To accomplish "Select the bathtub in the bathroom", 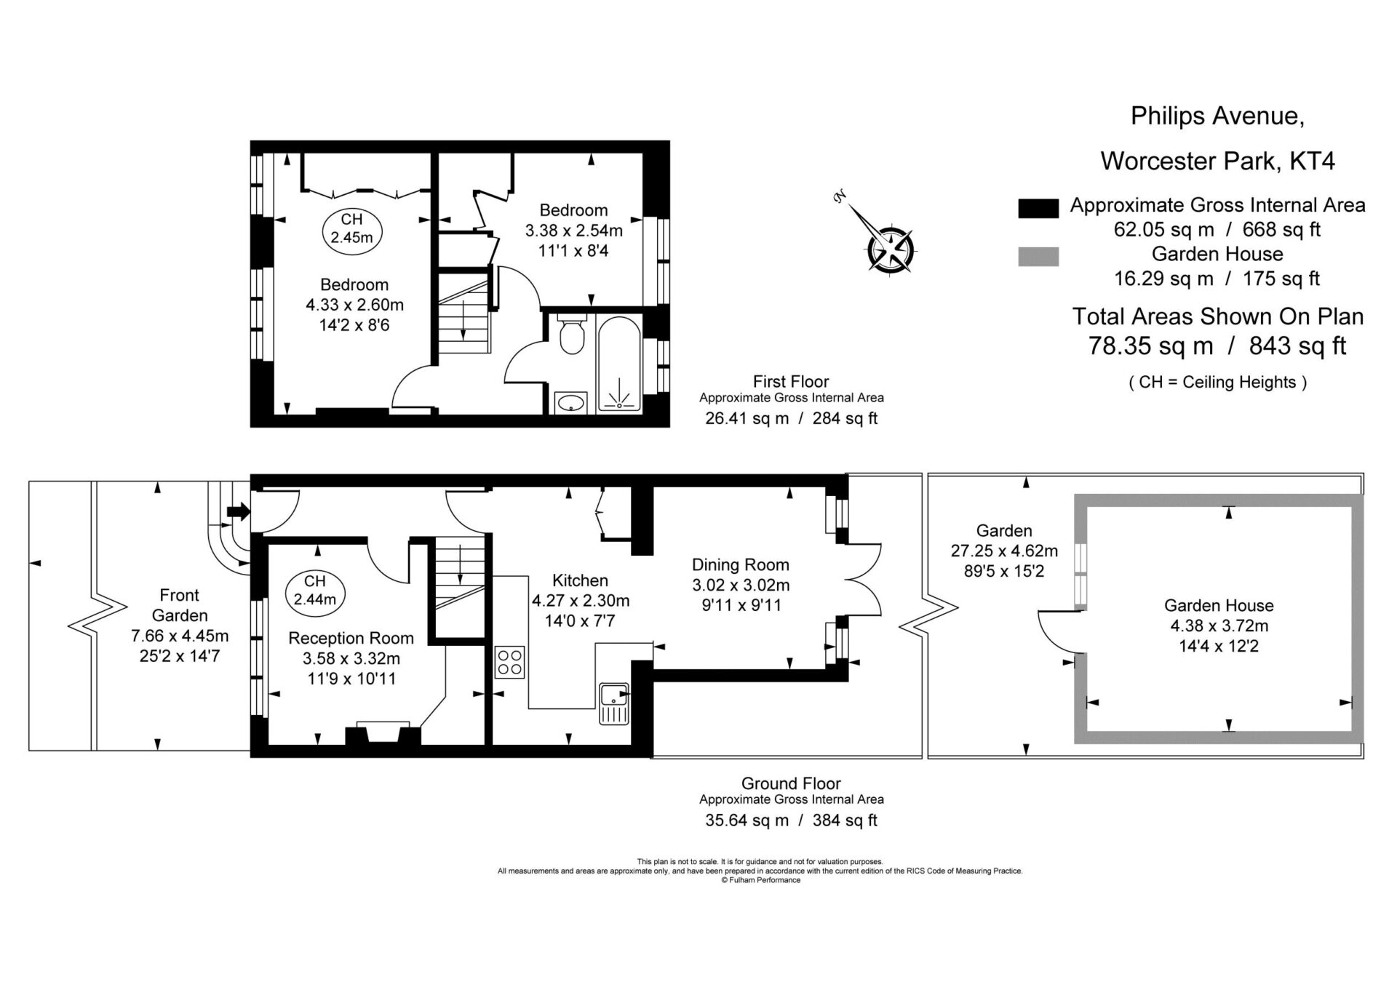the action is (x=619, y=364).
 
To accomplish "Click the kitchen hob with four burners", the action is (x=509, y=662).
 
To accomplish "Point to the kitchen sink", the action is (x=613, y=704).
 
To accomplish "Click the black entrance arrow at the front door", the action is (x=238, y=512).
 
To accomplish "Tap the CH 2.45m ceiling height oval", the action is (x=351, y=228).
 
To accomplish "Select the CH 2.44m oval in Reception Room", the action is (x=315, y=590).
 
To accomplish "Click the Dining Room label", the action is (x=741, y=564).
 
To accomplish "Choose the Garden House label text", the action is (x=1219, y=605).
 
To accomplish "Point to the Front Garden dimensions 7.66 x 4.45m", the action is (x=180, y=636).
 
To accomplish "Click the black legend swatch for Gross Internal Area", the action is (x=1038, y=208).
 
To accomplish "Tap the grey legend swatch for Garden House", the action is (x=1038, y=257).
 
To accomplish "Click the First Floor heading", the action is (x=791, y=381).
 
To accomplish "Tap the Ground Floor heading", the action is (x=791, y=783).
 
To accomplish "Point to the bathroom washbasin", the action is (x=570, y=402).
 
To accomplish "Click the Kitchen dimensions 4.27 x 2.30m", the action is (x=581, y=601).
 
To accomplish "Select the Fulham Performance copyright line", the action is (x=760, y=880).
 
